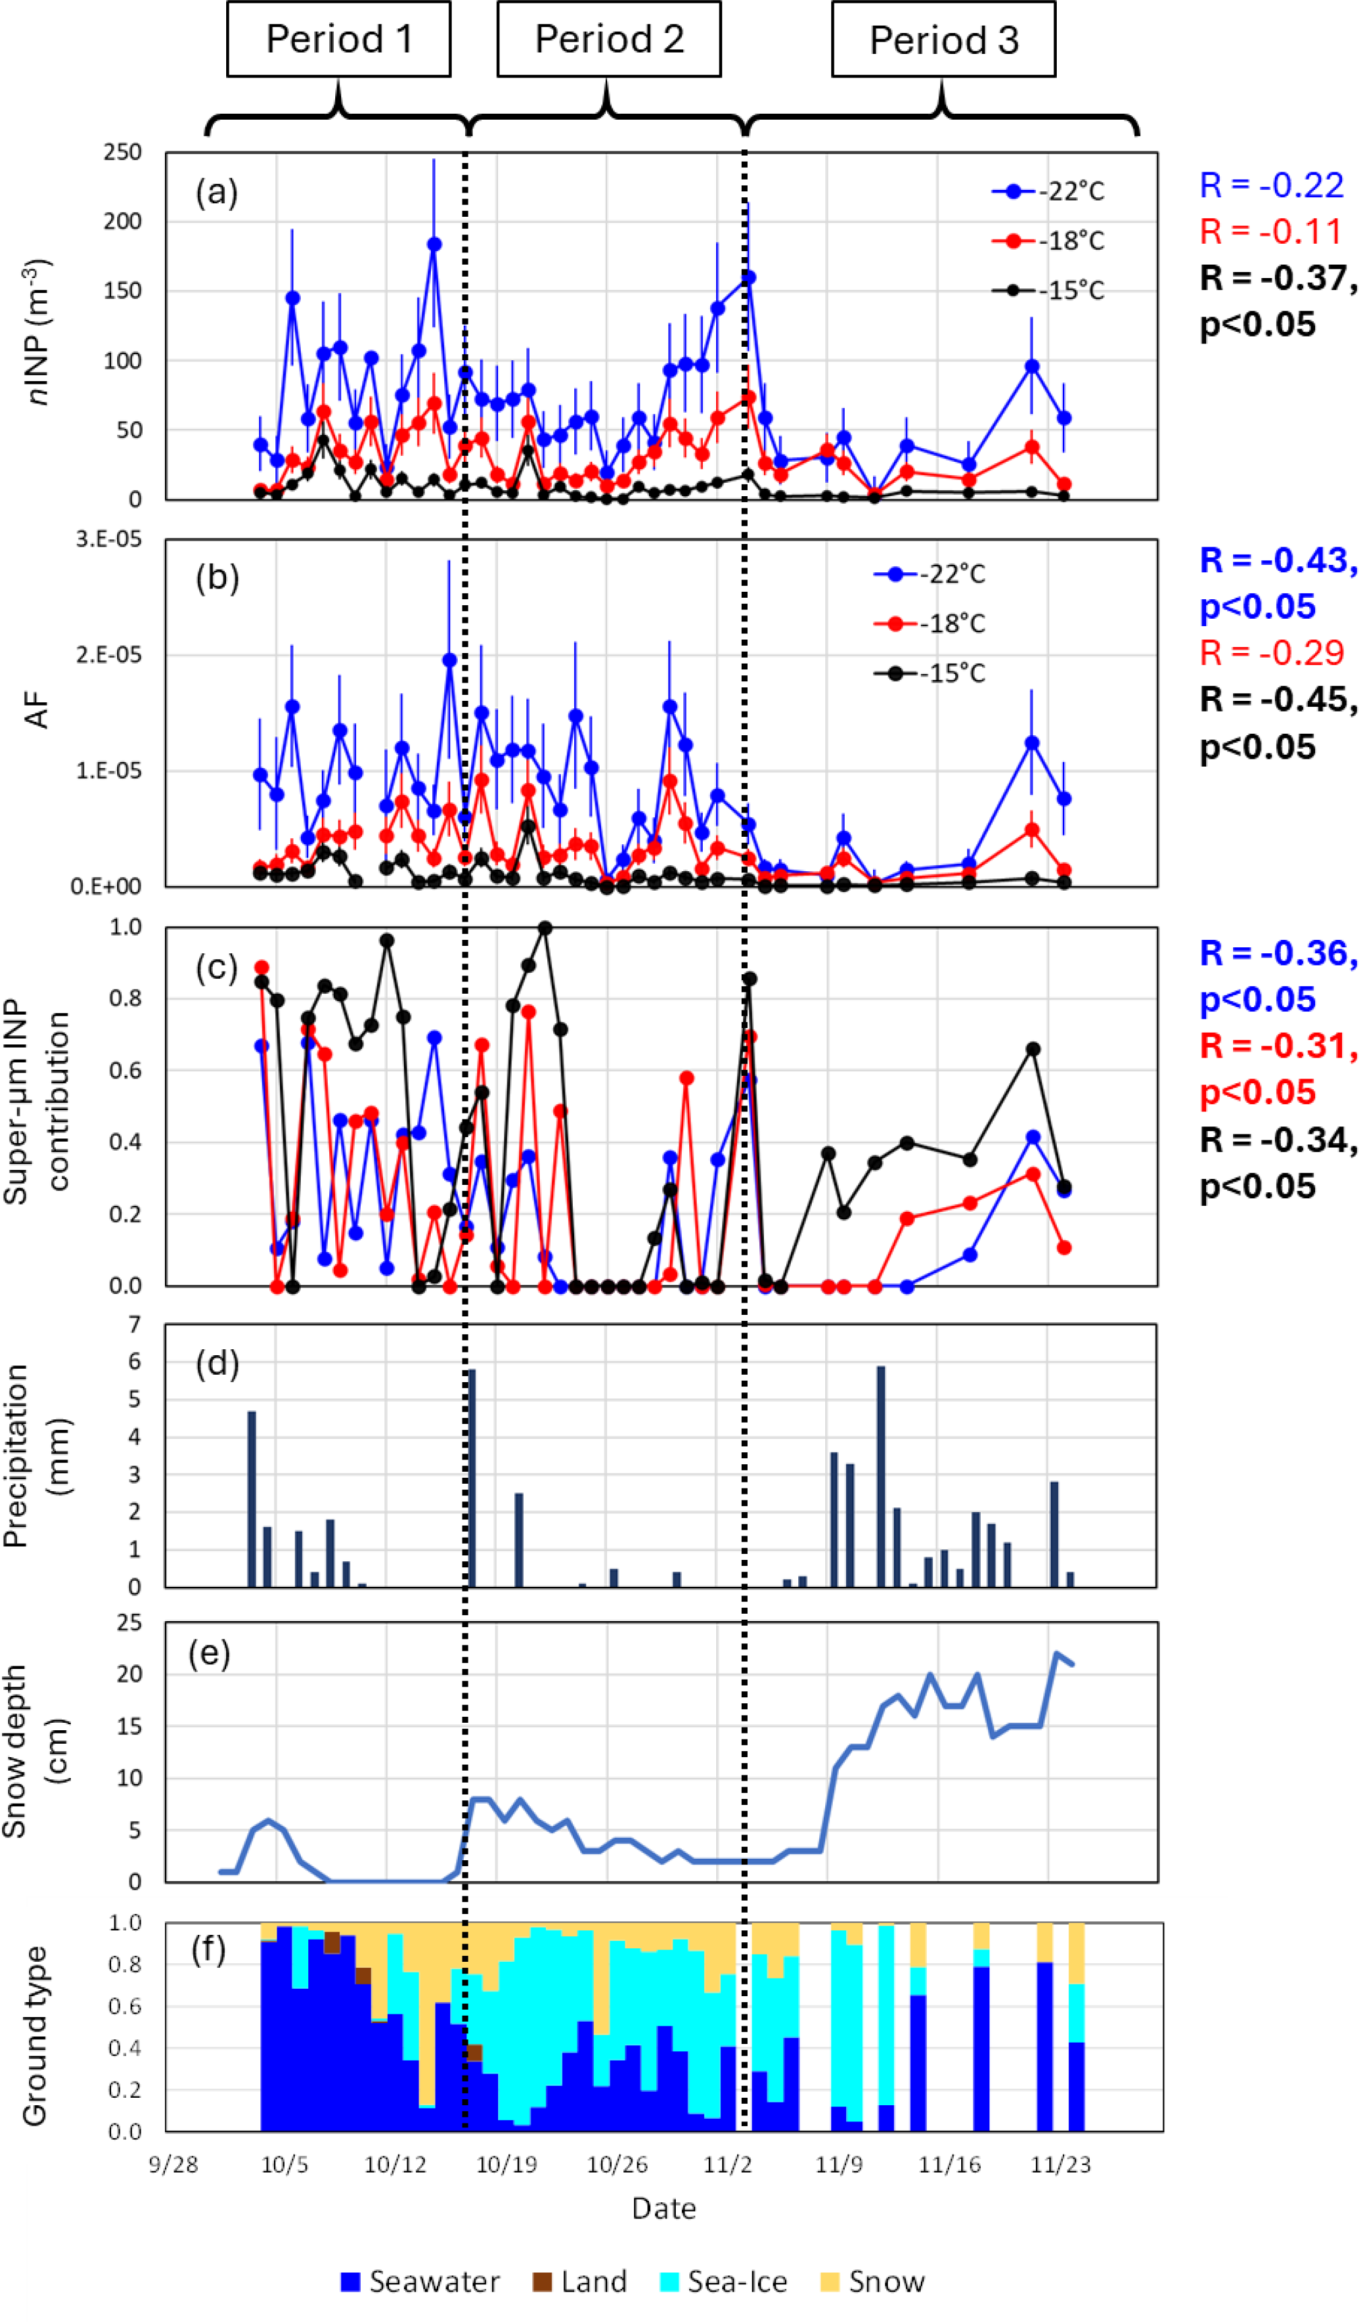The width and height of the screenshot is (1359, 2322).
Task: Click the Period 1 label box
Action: [338, 38]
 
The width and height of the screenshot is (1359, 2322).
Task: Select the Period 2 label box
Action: [608, 38]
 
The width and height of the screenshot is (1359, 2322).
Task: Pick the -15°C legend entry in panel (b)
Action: [931, 673]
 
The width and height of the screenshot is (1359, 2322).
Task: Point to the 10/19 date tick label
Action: [506, 2164]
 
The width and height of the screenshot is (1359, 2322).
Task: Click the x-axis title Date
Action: [664, 2209]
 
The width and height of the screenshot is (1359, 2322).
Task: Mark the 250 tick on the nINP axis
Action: [123, 152]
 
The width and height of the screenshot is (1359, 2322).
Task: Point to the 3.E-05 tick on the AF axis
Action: [109, 539]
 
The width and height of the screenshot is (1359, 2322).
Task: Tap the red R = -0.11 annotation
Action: [1271, 232]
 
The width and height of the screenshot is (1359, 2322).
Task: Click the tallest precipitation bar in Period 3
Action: [881, 1475]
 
